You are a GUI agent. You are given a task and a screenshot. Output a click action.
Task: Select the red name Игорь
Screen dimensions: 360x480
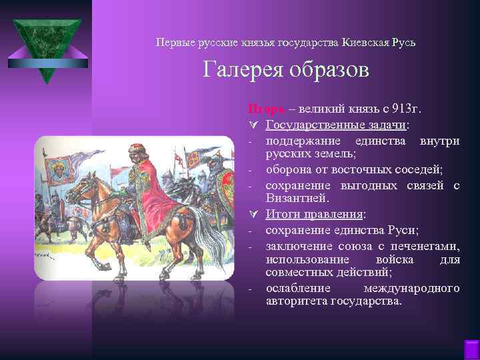[263, 108]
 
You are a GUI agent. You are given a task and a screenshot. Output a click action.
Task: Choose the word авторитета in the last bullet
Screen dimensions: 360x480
[295, 301]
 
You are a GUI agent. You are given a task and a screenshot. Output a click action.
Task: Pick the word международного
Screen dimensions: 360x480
[411, 289]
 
